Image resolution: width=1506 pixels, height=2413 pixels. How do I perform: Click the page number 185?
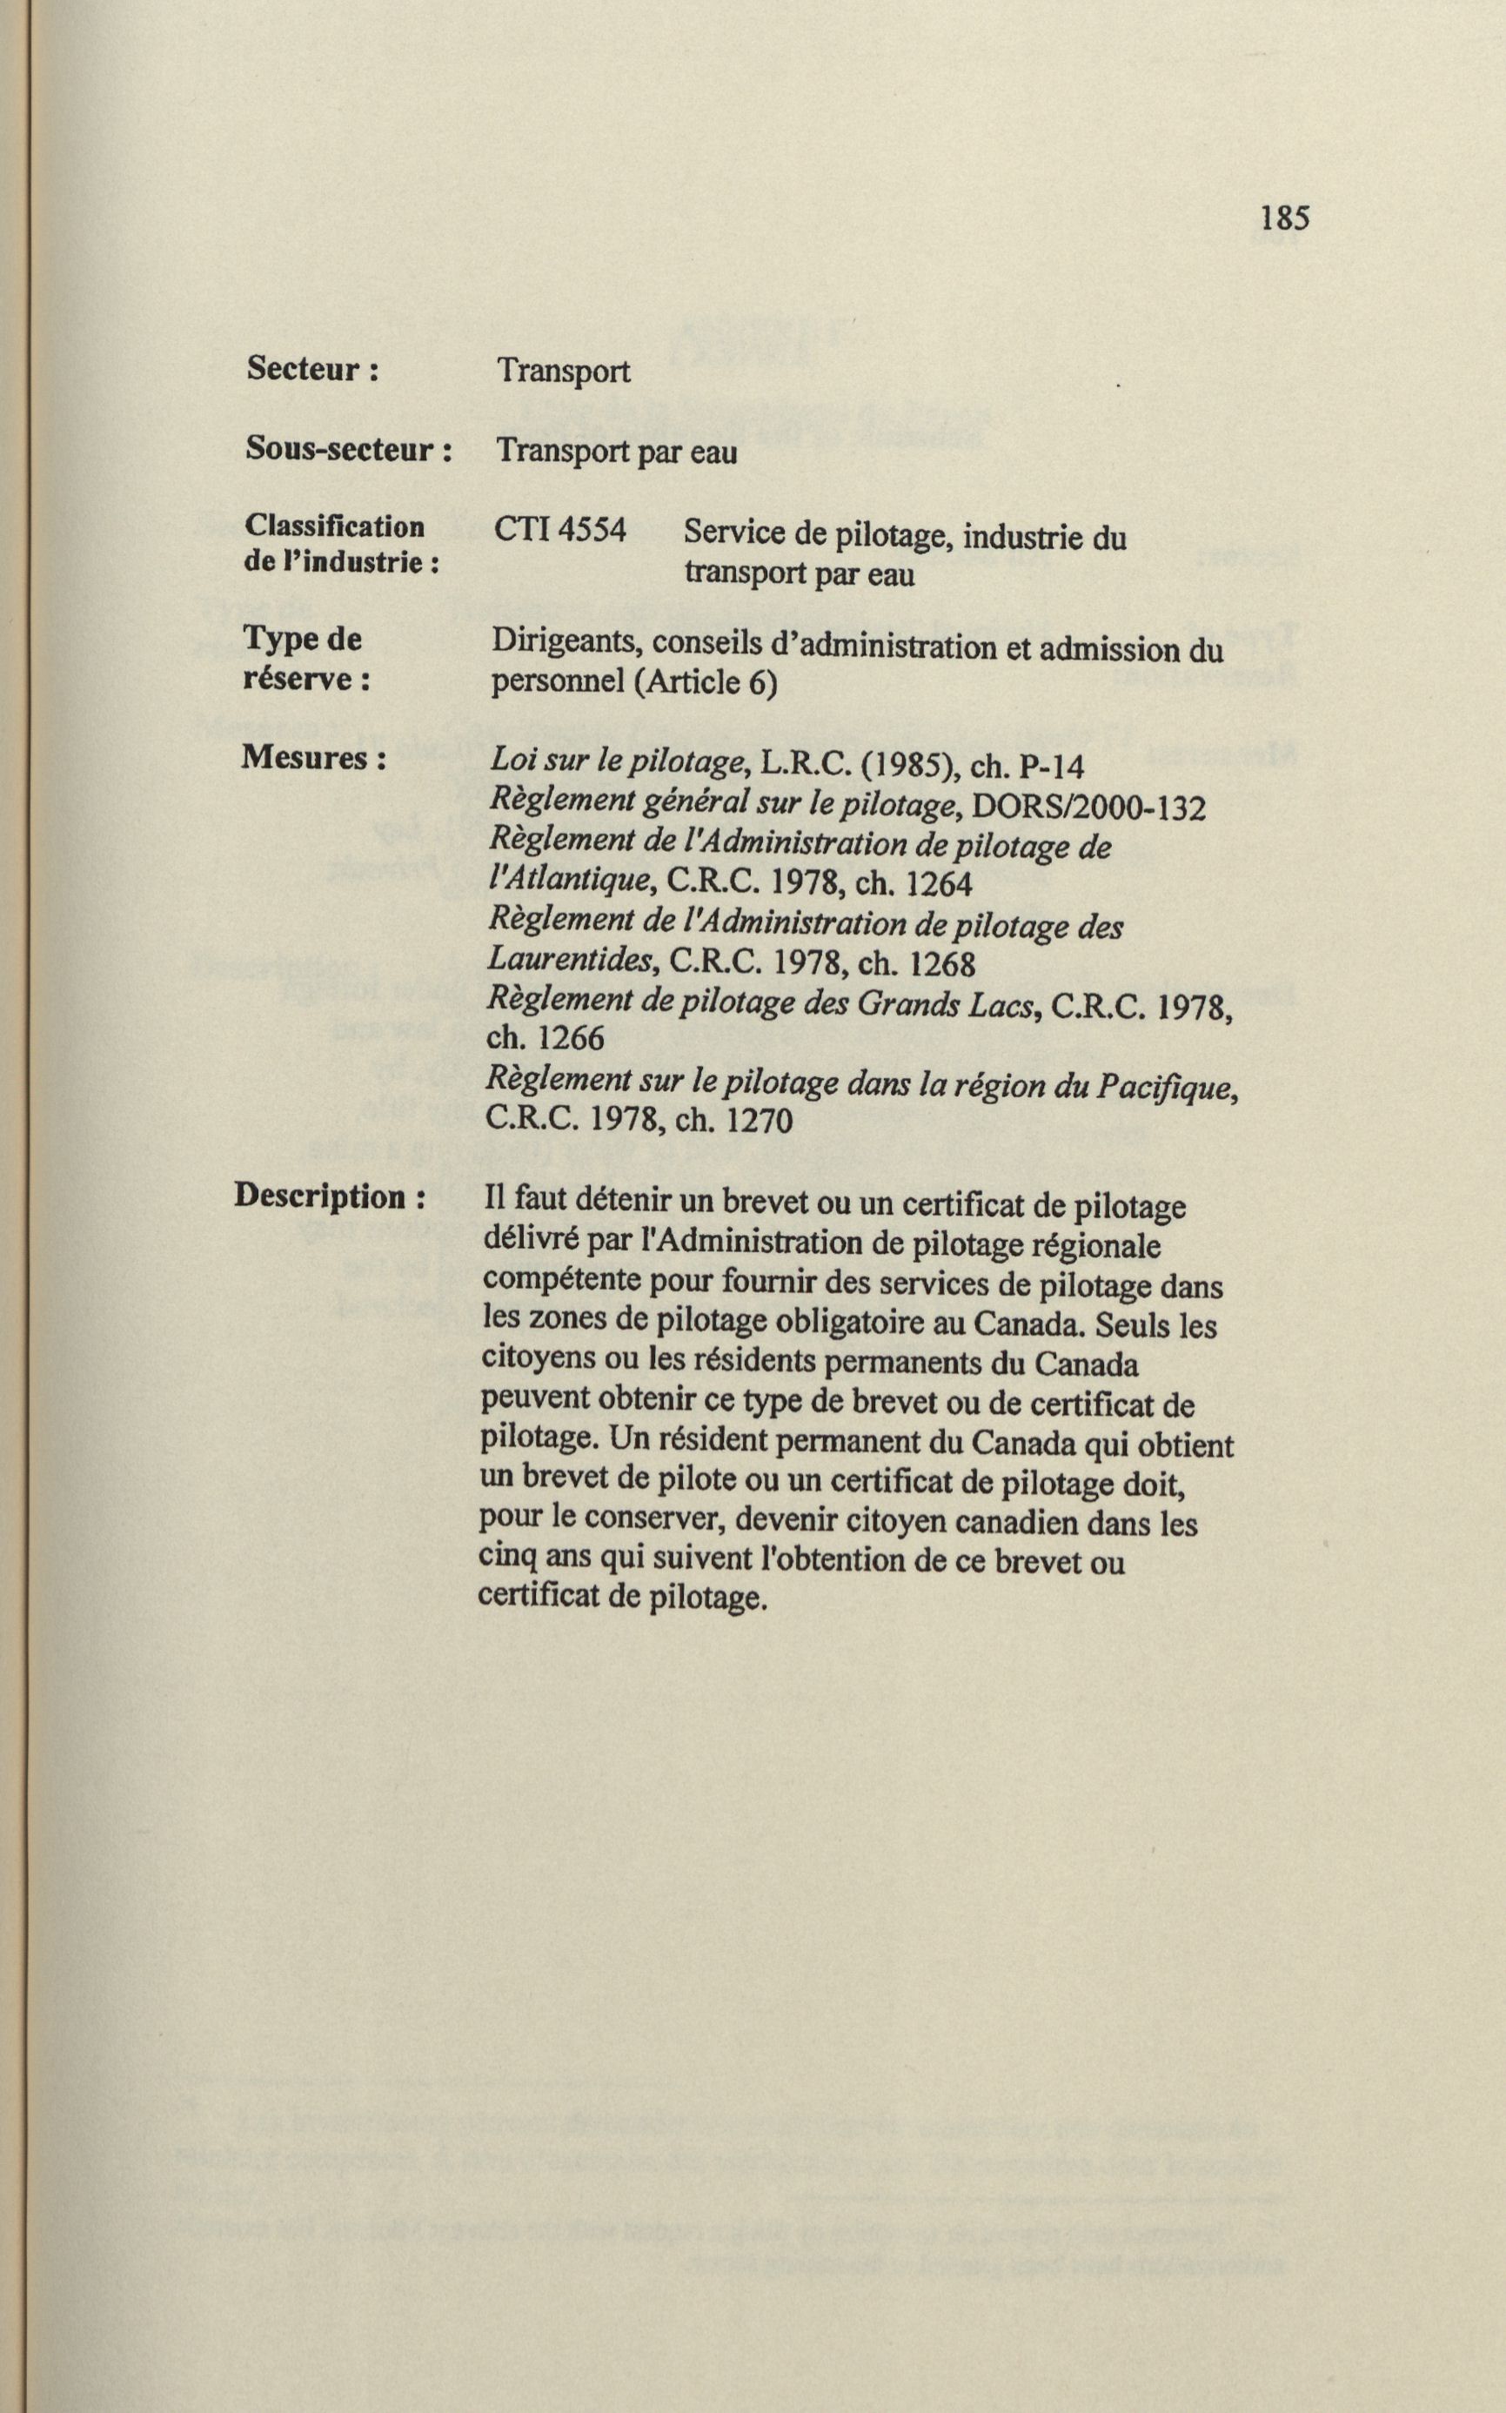pos(1284,218)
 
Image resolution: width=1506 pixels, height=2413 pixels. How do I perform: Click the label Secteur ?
pos(311,370)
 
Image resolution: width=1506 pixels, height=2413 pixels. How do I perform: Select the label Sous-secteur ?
pos(348,451)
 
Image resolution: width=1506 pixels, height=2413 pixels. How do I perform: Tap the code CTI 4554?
pos(559,531)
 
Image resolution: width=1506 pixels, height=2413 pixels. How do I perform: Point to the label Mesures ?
pos(312,759)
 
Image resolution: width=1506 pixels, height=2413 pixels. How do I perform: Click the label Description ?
pos(330,1196)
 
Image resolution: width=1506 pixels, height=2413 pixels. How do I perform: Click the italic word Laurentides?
pos(572,960)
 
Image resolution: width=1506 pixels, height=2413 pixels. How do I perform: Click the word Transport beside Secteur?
pos(563,372)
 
